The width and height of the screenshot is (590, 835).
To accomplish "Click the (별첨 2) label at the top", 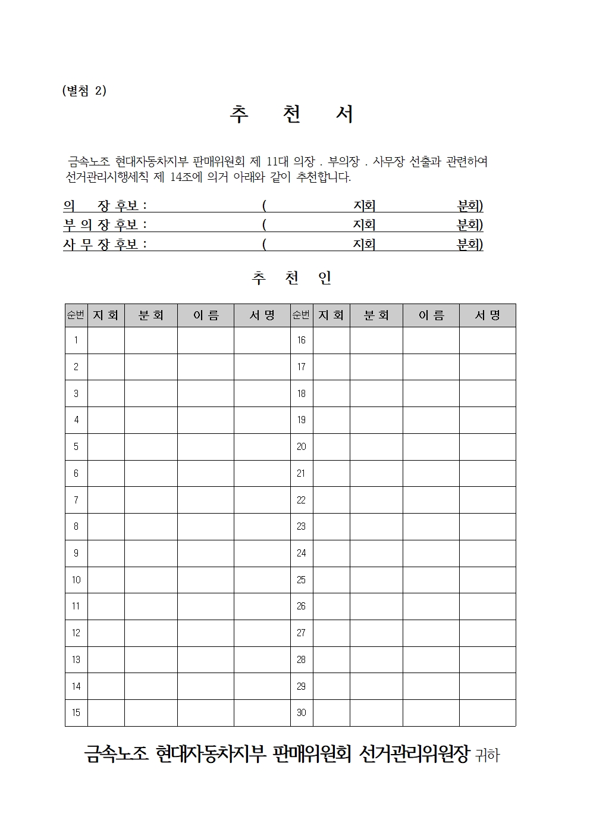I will tap(84, 90).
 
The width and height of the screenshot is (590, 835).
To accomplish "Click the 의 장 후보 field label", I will tap(105, 206).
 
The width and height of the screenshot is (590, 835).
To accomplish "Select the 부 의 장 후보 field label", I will tap(105, 225).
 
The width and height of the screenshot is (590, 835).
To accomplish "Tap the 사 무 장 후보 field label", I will tap(105, 245).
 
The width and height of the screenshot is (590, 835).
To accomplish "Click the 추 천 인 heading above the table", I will tap(291, 278).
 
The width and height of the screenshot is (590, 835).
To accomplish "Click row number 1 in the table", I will tap(76, 340).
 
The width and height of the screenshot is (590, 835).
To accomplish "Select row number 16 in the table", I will tap(302, 340).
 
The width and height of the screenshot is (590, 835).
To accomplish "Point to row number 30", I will tap(302, 713).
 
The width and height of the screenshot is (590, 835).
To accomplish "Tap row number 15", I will tap(76, 713).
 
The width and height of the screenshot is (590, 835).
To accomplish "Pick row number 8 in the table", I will tap(76, 527).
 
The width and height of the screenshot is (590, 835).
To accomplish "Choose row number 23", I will tap(302, 527).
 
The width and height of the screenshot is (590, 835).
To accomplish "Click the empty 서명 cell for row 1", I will tap(262, 340).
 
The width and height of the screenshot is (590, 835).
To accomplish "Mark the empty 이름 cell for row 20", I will tap(431, 447).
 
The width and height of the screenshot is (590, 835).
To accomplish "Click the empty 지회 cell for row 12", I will tap(106, 633).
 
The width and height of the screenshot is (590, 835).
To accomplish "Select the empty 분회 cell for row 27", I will tap(376, 633).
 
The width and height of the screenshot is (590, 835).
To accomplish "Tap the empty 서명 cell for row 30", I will tap(487, 713).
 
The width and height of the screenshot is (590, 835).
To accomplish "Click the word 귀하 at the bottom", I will tap(488, 756).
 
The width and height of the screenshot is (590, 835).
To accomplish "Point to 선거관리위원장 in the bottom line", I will tap(415, 754).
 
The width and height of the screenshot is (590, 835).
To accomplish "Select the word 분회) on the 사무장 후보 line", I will tap(469, 245).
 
